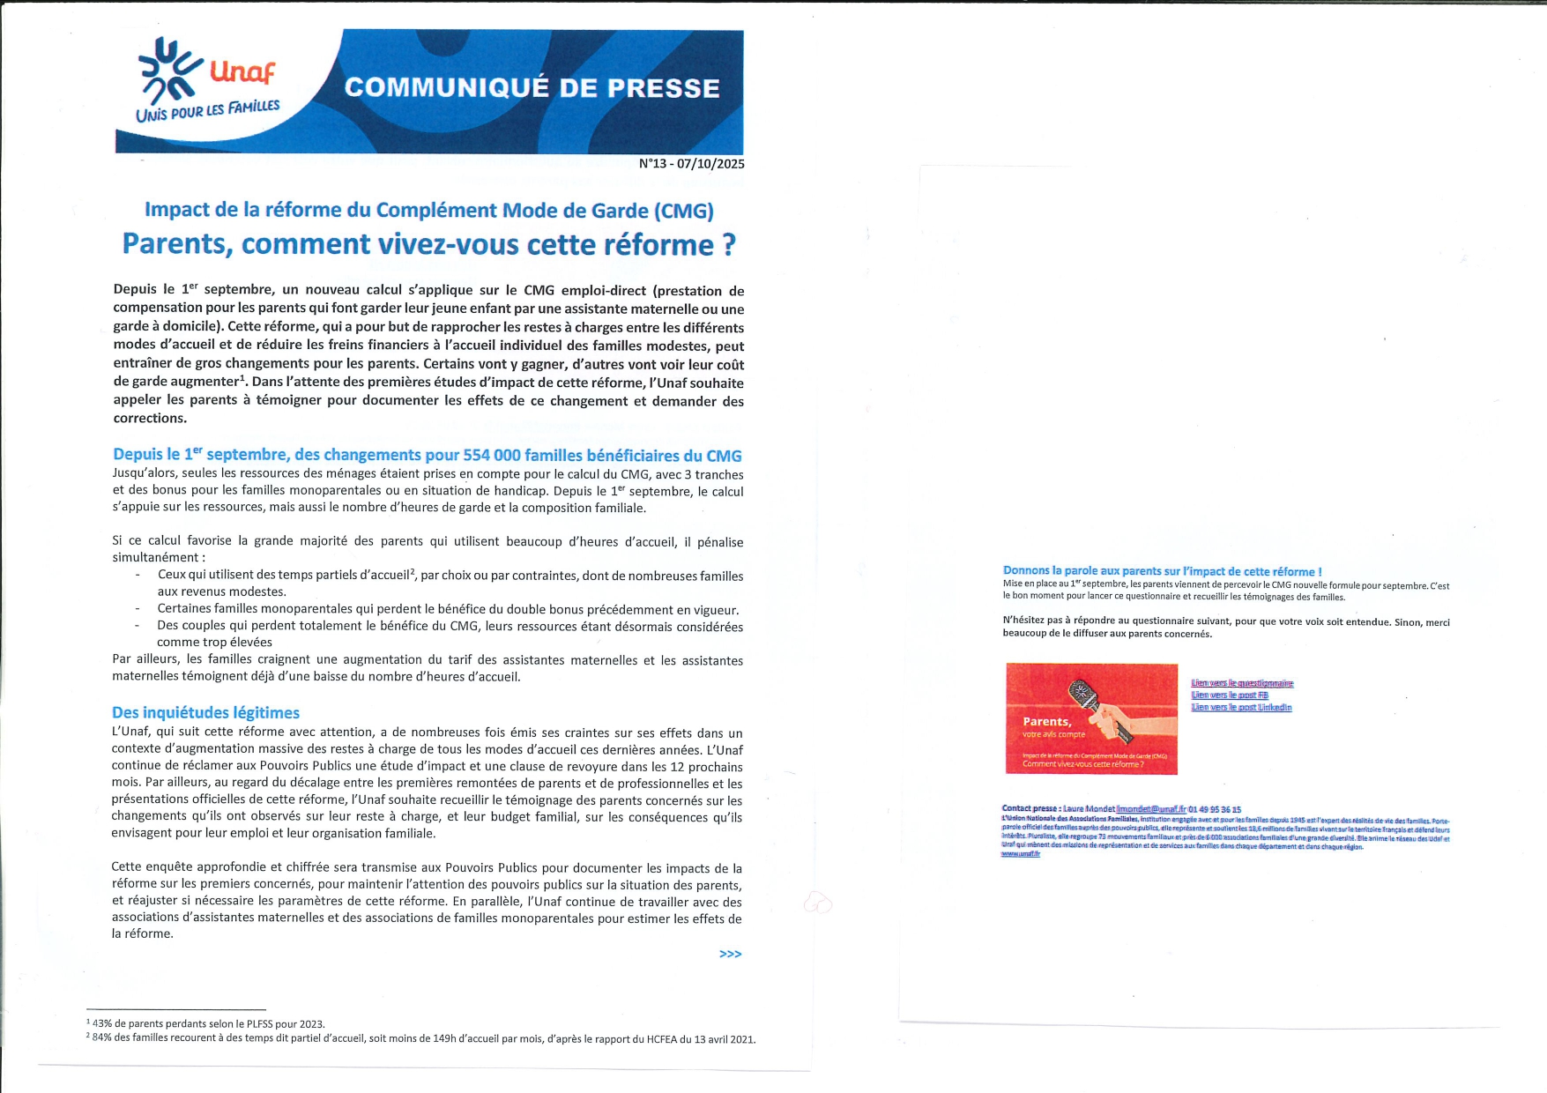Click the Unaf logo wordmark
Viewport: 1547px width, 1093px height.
[x=242, y=71]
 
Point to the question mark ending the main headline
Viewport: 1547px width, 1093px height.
[x=728, y=244]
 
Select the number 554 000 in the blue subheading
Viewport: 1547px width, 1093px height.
[x=492, y=456]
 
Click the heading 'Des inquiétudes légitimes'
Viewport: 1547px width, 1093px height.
[x=205, y=713]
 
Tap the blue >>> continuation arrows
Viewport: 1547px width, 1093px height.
[x=730, y=954]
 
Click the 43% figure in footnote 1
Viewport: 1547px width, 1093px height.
[x=102, y=1024]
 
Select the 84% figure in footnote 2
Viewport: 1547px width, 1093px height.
[x=103, y=1038]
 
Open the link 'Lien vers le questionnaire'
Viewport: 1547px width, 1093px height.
[x=1242, y=683]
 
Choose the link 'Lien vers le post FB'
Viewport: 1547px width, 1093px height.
[x=1230, y=695]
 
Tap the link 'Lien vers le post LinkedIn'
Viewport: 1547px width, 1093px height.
[x=1241, y=708]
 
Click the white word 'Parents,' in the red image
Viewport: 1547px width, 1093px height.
[x=1046, y=722]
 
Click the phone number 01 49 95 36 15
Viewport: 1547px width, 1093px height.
[x=1215, y=809]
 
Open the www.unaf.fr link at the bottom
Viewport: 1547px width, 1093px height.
[x=1021, y=854]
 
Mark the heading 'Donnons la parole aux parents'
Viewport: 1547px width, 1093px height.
[x=1162, y=571]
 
